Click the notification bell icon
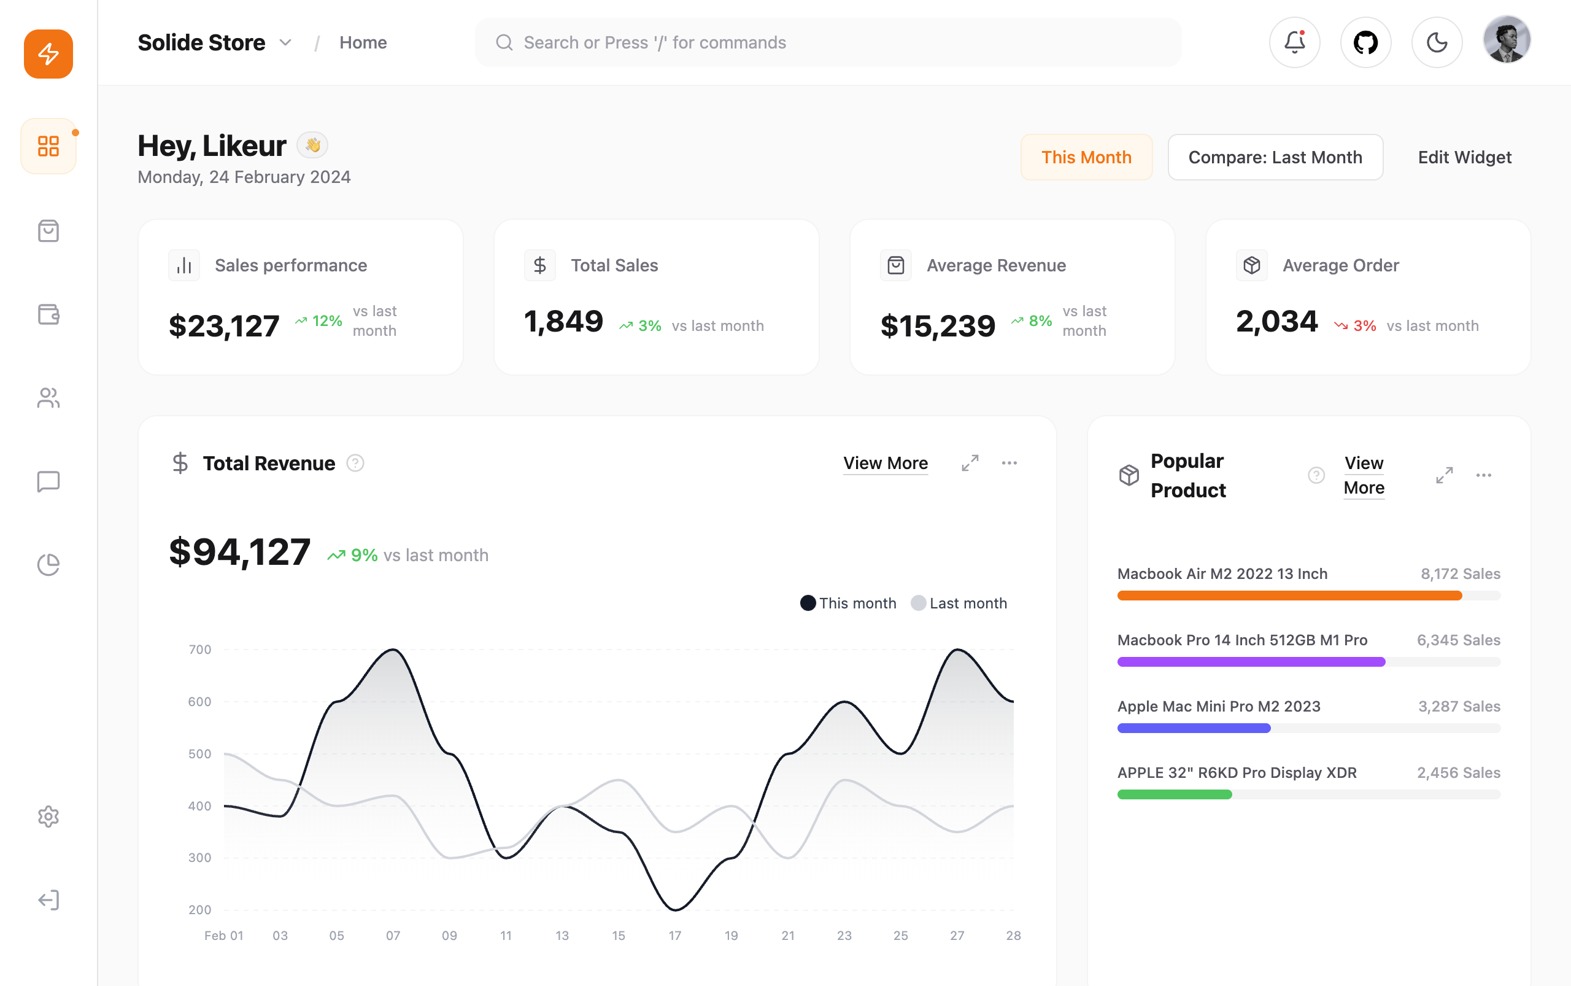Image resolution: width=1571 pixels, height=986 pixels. tap(1295, 42)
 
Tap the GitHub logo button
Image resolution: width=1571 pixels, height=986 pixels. tap(1365, 42)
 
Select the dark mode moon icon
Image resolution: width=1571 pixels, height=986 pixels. tap(1437, 42)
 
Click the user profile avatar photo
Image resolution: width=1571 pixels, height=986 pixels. tap(1507, 41)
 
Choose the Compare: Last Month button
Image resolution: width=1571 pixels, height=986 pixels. tap(1275, 157)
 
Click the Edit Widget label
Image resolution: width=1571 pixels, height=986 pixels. tap(1464, 157)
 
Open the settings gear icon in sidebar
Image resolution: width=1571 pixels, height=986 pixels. tap(48, 817)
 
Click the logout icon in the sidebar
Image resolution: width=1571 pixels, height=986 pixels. tap(48, 900)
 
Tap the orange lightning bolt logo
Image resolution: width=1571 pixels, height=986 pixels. tap(48, 53)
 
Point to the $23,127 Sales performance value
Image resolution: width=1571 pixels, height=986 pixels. tap(223, 325)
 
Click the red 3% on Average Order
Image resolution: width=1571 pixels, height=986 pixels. tap(1364, 325)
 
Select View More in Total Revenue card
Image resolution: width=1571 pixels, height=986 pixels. tap(886, 463)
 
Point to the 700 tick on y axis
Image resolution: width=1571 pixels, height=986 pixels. tap(199, 650)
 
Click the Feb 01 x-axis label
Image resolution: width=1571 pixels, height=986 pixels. tap(223, 936)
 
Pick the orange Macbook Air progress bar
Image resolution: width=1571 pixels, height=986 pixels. tap(1289, 596)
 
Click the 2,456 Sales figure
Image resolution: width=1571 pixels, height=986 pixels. tap(1458, 773)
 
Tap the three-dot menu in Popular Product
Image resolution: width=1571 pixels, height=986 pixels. tap(1484, 475)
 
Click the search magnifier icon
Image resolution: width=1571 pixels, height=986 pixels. tap(504, 42)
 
